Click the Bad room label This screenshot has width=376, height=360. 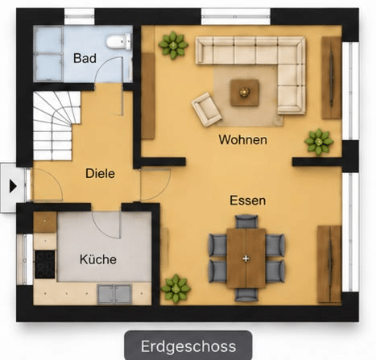85,58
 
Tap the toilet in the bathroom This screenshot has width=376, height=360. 118,42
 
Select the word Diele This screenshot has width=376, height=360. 100,173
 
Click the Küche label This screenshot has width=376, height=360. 98,259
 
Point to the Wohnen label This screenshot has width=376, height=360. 242,139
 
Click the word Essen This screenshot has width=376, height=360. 248,201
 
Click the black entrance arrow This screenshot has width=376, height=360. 13,186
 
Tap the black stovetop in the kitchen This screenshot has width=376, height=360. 44,264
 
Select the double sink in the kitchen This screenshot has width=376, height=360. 114,294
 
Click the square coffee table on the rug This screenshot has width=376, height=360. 245,93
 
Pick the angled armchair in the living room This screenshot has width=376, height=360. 206,110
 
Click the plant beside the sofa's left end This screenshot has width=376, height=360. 173,45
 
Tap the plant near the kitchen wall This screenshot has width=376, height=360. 176,288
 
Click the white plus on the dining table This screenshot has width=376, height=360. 246,259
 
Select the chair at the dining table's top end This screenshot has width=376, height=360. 246,221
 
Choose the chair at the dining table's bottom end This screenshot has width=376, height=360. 246,295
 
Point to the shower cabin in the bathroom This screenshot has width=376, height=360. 48,54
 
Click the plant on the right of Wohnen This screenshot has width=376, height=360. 319,142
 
